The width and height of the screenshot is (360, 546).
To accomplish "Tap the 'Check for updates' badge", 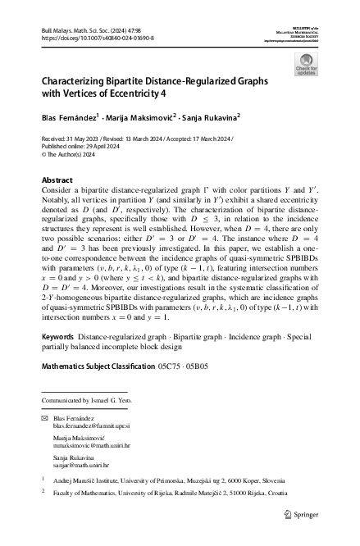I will point(306,65).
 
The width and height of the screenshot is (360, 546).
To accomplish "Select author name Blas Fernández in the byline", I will point(70,117).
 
